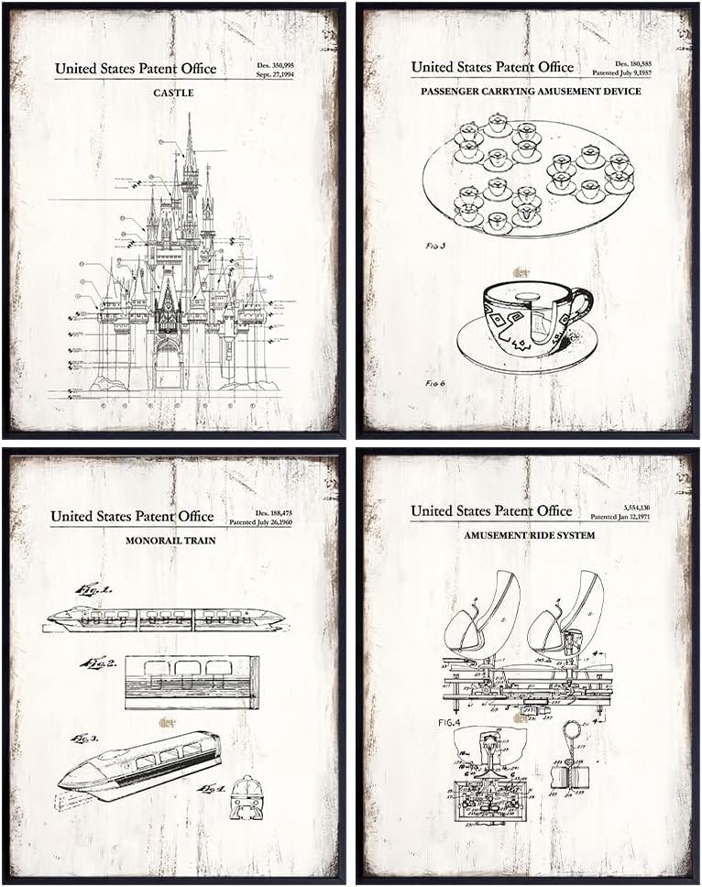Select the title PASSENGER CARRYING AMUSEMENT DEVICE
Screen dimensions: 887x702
[x=531, y=92]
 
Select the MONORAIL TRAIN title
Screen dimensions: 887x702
[x=170, y=541]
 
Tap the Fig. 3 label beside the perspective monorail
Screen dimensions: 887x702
[x=84, y=739]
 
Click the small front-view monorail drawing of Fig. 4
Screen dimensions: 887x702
[x=245, y=798]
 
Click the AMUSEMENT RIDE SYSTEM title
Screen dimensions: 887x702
[x=529, y=535]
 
